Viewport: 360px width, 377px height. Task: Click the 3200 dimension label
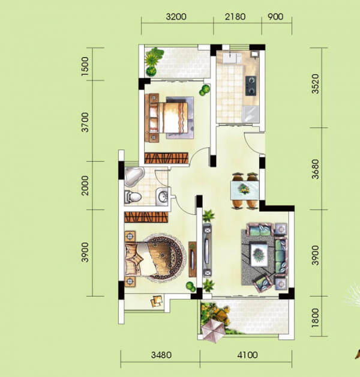coord(176,17)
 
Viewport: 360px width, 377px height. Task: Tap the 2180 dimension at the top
coord(235,17)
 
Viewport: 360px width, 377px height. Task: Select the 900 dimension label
coord(275,17)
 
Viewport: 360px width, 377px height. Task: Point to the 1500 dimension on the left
coord(85,67)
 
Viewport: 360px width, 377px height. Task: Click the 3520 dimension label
coord(315,84)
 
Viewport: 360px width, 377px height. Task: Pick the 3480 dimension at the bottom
coord(161,355)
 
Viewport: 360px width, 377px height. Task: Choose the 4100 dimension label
coord(247,355)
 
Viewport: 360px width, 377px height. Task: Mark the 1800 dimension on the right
coord(315,318)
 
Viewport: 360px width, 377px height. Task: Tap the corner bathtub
coord(134,176)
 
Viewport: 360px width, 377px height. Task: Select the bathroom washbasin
coord(162,196)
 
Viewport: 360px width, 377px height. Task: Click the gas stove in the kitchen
coord(251,86)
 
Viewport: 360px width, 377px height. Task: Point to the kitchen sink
coord(232,58)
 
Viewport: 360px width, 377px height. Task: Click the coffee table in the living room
coord(259,255)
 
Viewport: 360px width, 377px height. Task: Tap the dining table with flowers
coord(245,190)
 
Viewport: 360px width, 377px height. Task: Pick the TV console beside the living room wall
coord(207,250)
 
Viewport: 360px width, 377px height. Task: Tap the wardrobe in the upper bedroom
coord(166,158)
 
